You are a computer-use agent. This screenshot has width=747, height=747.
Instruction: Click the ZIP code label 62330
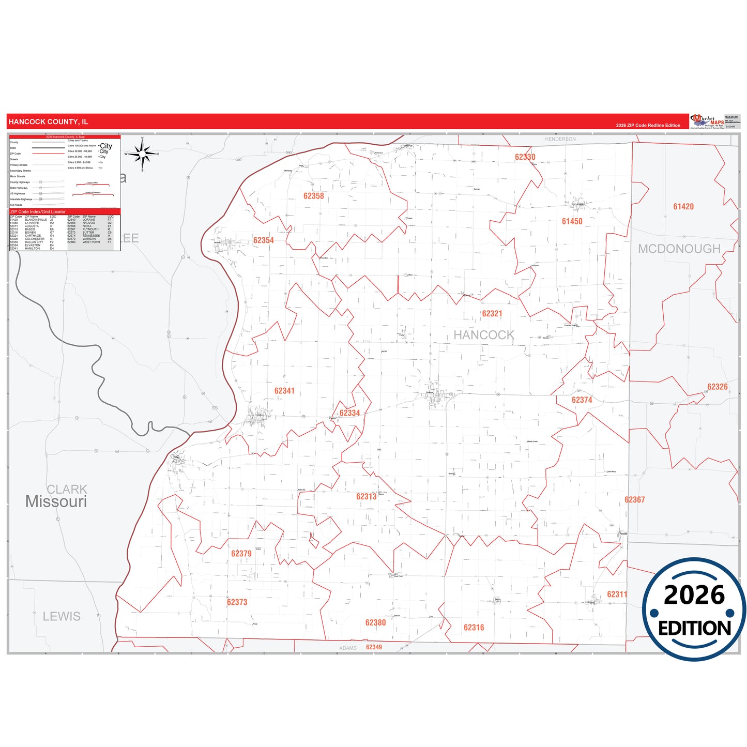click(x=525, y=157)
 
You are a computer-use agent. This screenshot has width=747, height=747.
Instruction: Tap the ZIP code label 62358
click(x=314, y=196)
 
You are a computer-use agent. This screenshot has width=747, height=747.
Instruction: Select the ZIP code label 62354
click(x=264, y=240)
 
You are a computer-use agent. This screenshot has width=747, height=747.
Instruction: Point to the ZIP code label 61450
click(x=572, y=221)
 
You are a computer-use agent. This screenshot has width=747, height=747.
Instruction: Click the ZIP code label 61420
click(x=683, y=207)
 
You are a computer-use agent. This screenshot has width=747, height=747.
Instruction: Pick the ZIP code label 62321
click(x=492, y=314)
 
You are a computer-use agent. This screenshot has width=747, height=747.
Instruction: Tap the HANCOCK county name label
click(x=484, y=335)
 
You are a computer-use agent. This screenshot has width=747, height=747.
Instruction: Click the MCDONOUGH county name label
click(x=679, y=249)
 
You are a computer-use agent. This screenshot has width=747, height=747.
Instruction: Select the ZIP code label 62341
click(x=284, y=391)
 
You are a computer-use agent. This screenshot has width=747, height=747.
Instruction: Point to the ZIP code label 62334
click(x=349, y=413)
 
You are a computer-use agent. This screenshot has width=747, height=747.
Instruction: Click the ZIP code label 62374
click(x=582, y=400)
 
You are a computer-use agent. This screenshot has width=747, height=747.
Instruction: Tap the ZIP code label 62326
click(x=718, y=387)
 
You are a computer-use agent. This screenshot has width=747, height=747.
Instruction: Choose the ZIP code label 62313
click(x=367, y=497)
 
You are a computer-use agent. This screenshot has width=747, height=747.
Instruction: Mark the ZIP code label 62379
click(x=241, y=554)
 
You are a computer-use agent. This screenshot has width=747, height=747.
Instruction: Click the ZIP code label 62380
click(x=376, y=623)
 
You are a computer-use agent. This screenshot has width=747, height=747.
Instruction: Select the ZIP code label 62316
click(x=474, y=628)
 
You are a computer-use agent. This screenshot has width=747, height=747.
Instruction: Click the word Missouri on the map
click(x=56, y=501)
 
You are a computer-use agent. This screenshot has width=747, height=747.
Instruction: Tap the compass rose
click(x=143, y=154)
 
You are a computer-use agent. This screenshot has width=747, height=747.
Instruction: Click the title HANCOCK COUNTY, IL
click(x=49, y=122)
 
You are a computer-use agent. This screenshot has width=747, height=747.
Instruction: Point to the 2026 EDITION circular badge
click(x=694, y=609)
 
